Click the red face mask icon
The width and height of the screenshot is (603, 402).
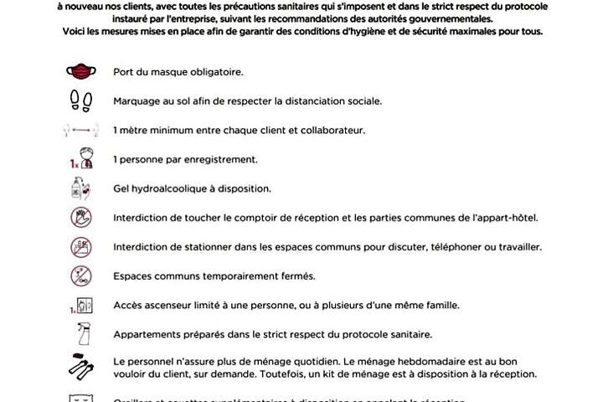81,72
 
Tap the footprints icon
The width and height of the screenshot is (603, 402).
81,100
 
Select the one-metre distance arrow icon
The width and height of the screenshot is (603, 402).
81,131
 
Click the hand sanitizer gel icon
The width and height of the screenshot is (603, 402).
81,188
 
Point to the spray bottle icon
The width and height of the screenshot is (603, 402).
81,335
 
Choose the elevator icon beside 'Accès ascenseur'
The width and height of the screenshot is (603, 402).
81,305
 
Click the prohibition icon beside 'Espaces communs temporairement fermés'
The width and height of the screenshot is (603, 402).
81,276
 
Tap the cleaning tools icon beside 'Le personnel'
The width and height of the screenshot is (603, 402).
81,367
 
